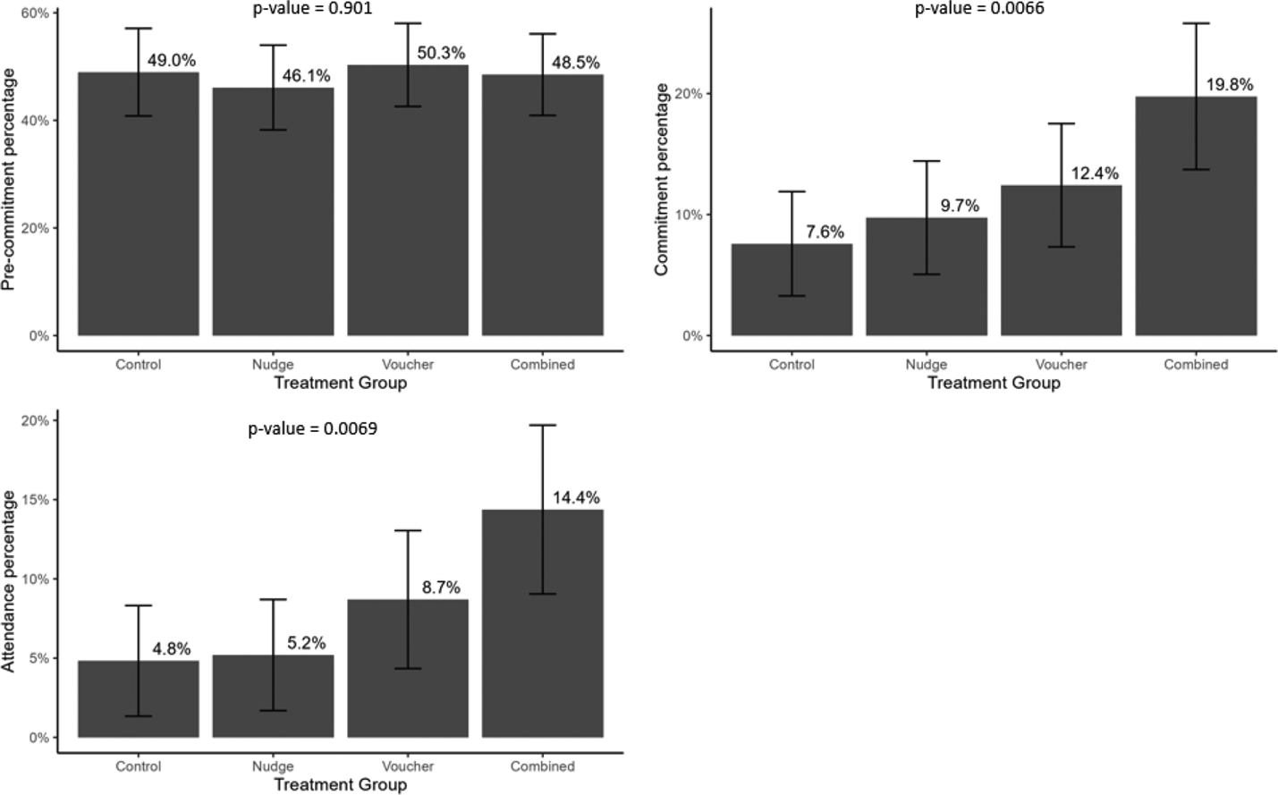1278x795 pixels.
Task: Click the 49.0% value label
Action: pyautogui.click(x=171, y=61)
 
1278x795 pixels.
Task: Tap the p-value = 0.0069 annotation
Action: pyautogui.click(x=312, y=429)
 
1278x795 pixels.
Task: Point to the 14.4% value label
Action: pyautogui.click(x=576, y=498)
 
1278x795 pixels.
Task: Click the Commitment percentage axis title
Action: pyautogui.click(x=662, y=179)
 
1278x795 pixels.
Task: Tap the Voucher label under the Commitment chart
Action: pyautogui.click(x=1061, y=365)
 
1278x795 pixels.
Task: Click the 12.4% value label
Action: pyautogui.click(x=1095, y=173)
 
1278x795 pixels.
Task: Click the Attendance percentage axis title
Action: pyautogui.click(x=9, y=581)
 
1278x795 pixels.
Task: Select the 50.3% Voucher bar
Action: pyautogui.click(x=408, y=206)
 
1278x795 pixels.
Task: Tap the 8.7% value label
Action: pyautogui.click(x=441, y=588)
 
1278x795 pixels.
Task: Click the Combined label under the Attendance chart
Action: pyautogui.click(x=542, y=766)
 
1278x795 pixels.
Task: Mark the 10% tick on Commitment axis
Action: pyautogui.click(x=691, y=216)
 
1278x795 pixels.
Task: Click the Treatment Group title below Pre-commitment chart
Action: pyautogui.click(x=340, y=383)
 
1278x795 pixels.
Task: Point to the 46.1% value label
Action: pyautogui.click(x=306, y=76)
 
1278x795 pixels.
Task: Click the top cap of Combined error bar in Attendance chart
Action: pyautogui.click(x=542, y=426)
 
